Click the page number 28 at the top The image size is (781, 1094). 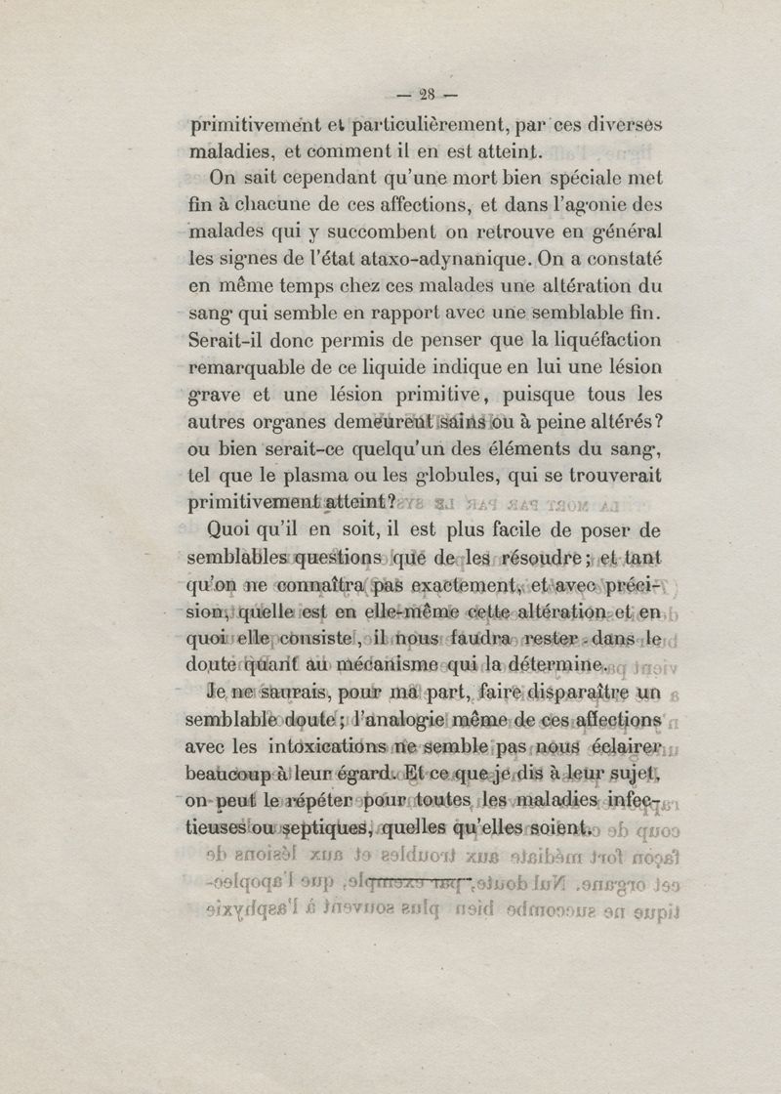tap(426, 95)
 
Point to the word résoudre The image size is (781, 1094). tap(542, 558)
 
